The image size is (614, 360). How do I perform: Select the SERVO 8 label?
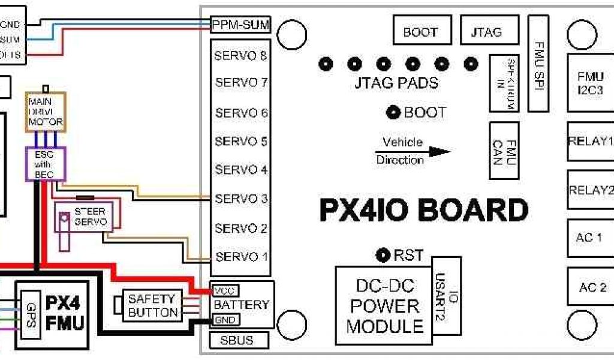coord(240,56)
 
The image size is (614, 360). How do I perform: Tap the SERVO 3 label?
coord(240,199)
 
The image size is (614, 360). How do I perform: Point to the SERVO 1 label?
coord(240,257)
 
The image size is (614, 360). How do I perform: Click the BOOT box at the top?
coord(420,32)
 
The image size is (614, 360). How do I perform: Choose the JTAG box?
coord(486,32)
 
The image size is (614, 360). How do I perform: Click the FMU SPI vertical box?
coord(538,63)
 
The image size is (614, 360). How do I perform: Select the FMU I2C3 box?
coord(590,83)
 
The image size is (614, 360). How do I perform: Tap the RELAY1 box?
coord(590,142)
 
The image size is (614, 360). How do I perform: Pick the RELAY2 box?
coord(590,190)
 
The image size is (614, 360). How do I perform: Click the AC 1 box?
coord(590,238)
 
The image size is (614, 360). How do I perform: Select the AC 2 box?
coord(590,287)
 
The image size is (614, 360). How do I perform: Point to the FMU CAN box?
coord(503,151)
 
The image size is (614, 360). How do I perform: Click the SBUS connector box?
coord(237,340)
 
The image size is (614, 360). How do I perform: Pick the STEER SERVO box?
coord(89,217)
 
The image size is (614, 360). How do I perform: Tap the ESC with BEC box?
coord(44,163)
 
